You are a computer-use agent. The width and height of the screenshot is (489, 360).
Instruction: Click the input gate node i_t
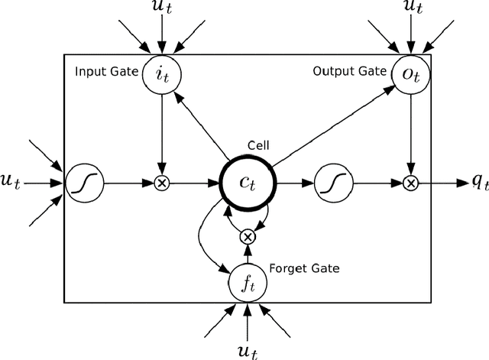click(160, 75)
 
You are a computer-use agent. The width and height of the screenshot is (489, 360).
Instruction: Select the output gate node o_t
click(412, 75)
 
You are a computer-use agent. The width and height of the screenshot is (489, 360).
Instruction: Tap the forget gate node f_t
click(246, 284)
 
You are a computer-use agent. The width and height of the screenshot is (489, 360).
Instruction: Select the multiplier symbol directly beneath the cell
click(246, 237)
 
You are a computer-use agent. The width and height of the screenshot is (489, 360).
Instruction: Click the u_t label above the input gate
click(160, 9)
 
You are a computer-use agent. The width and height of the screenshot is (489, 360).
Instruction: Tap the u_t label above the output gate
click(412, 9)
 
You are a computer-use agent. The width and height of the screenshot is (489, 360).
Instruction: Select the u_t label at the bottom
click(246, 350)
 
